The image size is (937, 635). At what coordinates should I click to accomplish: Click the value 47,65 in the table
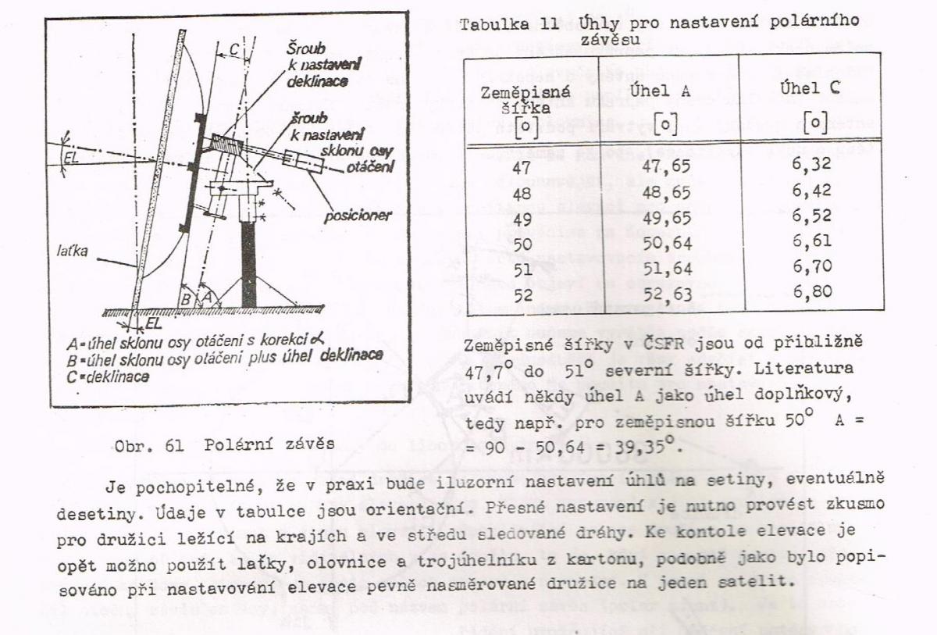(666, 167)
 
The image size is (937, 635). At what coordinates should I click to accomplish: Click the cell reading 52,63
(666, 294)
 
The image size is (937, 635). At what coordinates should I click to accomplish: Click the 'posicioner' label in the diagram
(358, 216)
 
